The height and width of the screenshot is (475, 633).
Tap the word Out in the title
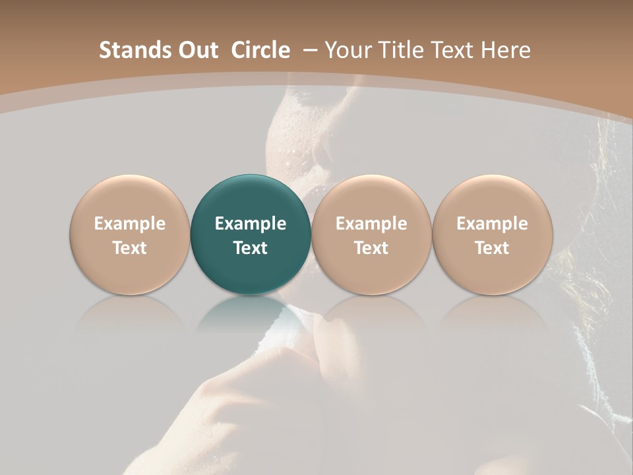[x=196, y=50]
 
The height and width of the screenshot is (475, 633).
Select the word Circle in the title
[x=260, y=50]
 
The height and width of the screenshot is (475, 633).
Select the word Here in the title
[x=506, y=50]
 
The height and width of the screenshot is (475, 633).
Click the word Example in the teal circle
[x=251, y=224]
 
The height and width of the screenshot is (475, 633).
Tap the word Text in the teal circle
[x=251, y=248]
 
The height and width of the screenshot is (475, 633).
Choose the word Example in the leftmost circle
[x=129, y=224]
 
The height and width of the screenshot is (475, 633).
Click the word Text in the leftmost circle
[x=129, y=248]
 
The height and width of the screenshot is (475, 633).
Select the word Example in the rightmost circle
[x=492, y=224]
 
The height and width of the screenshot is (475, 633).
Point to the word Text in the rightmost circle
[x=492, y=248]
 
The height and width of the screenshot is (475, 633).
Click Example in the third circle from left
[x=371, y=224]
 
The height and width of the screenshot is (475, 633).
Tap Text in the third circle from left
[x=371, y=248]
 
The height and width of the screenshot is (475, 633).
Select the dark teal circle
[x=251, y=198]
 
